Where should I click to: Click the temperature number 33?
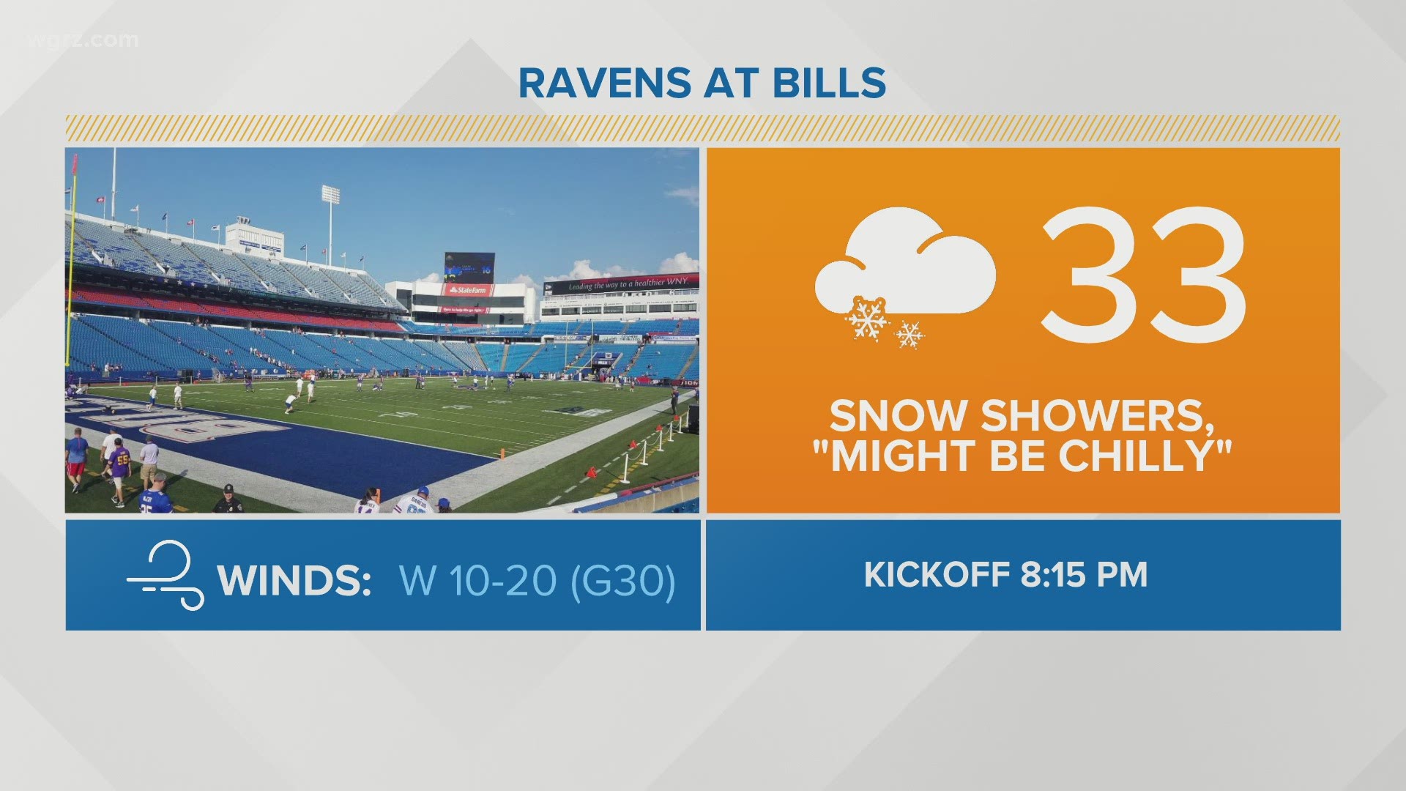[1144, 275]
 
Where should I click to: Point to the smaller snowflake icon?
[910, 334]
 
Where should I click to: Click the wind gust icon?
[165, 574]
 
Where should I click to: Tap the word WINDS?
[294, 581]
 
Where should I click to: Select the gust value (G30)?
[622, 581]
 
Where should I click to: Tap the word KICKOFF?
[937, 575]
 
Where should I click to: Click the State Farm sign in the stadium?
[467, 290]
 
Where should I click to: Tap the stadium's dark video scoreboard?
[469, 268]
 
